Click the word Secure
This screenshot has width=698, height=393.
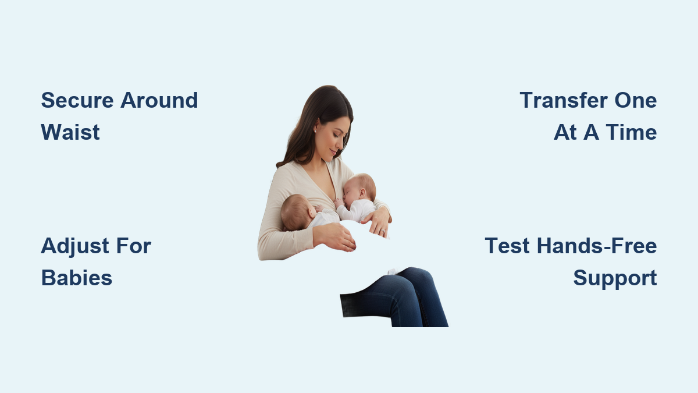[x=77, y=100]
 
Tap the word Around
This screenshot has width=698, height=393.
[x=159, y=100]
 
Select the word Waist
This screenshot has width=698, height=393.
[x=70, y=132]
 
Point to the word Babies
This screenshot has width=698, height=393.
[x=77, y=278]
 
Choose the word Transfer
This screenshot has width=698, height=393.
[x=564, y=100]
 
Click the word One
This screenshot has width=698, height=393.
[x=636, y=100]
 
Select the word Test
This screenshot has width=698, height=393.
[x=507, y=246]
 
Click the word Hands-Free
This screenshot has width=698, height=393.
[x=597, y=246]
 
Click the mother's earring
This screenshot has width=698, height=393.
[x=315, y=132]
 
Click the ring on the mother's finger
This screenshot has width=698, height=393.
[x=383, y=231]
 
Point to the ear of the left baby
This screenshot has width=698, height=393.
[x=312, y=213]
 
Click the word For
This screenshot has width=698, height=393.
[x=134, y=246]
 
